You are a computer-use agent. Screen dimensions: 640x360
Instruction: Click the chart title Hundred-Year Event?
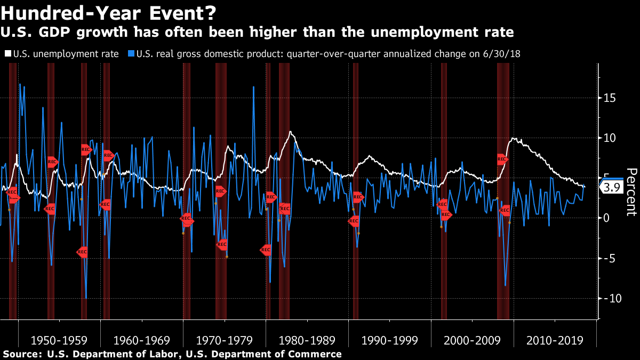point(108,13)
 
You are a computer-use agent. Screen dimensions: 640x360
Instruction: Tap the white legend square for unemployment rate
point(8,53)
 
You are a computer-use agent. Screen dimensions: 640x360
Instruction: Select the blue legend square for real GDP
point(131,53)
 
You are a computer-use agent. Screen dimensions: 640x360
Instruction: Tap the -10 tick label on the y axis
point(612,298)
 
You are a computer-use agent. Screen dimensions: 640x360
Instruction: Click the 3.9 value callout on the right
point(612,187)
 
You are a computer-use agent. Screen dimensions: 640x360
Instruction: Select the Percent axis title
point(632,192)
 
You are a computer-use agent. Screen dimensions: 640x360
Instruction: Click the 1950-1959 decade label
point(59,340)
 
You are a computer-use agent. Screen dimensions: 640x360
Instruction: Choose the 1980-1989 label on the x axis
point(307,340)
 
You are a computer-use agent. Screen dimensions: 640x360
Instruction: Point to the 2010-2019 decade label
point(555,340)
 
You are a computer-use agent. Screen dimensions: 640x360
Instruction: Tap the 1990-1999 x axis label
point(390,340)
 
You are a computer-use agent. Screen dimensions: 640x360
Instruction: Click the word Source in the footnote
point(22,354)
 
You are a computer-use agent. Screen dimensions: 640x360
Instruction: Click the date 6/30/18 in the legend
point(502,54)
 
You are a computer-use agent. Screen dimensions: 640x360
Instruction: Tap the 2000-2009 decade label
point(473,340)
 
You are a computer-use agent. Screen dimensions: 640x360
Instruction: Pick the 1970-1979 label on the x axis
point(225,340)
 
